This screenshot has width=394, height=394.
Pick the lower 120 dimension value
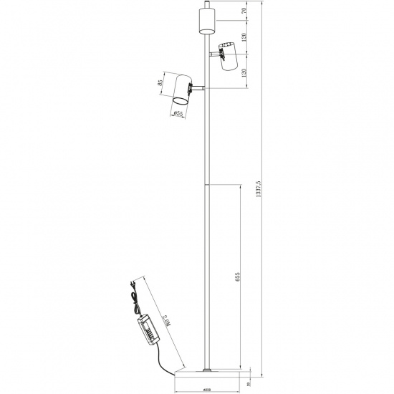click(246, 74)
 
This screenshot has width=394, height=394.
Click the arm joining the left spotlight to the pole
click(197, 87)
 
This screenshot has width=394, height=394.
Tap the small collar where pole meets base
click(207, 370)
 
